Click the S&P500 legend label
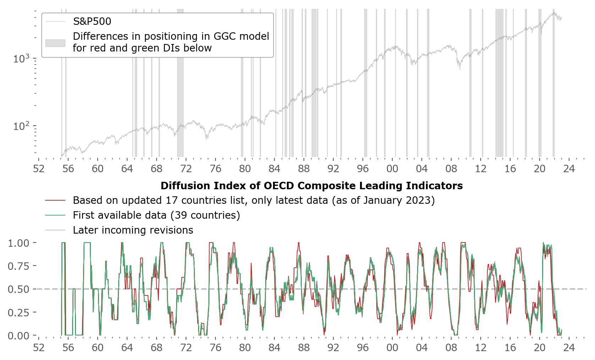(92, 21)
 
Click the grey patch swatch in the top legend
(55, 43)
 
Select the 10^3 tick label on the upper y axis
(21, 59)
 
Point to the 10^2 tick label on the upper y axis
(21, 126)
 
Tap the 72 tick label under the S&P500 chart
(186, 169)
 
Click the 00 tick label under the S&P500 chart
(392, 169)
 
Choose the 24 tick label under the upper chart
(569, 169)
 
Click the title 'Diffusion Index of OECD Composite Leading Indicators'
(312, 186)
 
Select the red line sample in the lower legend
(55, 201)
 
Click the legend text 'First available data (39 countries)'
(156, 215)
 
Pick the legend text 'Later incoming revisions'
(133, 230)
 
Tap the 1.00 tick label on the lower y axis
(18, 243)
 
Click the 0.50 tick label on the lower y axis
(18, 289)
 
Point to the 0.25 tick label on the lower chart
(18, 312)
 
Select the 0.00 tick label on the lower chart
(18, 336)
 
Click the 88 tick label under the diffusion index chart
(304, 348)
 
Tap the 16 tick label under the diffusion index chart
(510, 348)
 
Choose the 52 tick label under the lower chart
(39, 348)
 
